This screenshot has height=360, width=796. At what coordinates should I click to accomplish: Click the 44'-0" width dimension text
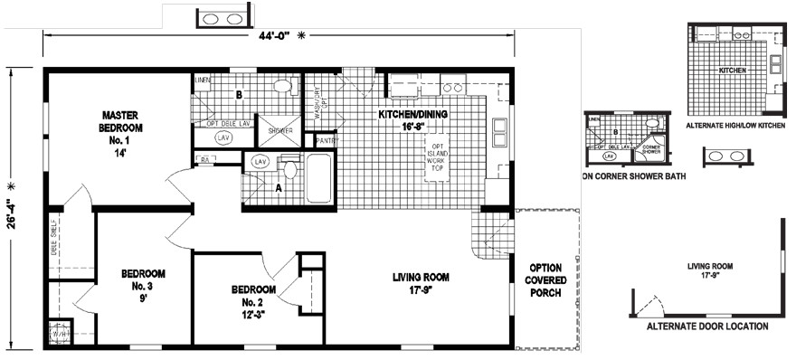[273, 36]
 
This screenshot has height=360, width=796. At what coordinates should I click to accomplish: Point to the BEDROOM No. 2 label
[253, 301]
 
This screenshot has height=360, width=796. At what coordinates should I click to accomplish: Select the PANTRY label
[327, 141]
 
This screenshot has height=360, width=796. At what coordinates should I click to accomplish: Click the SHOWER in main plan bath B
[277, 130]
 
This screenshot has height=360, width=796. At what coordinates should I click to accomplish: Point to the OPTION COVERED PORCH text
[546, 280]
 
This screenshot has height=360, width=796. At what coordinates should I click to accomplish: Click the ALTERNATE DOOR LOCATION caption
[707, 326]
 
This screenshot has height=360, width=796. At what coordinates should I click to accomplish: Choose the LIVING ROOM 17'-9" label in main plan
[421, 284]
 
